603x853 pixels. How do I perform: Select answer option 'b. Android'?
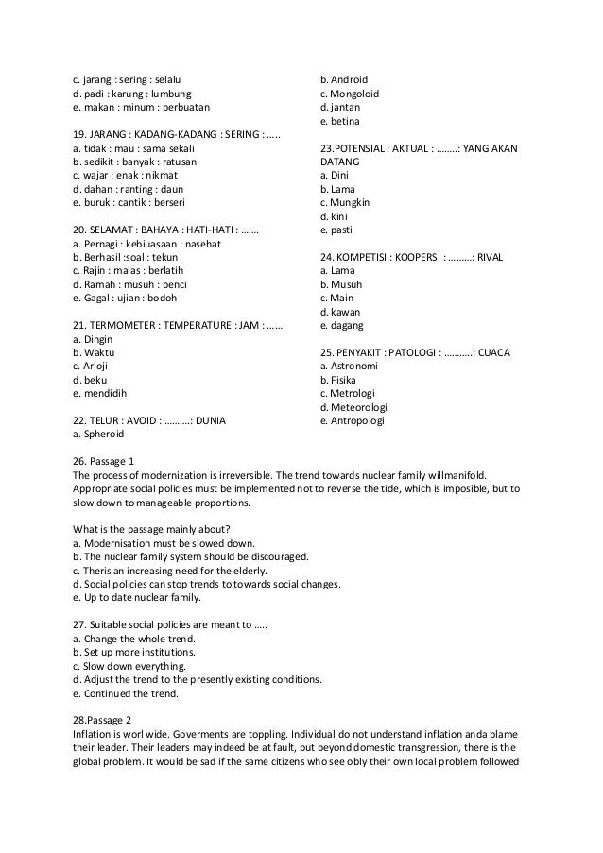[x=344, y=80]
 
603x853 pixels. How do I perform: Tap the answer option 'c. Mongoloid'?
[x=350, y=94]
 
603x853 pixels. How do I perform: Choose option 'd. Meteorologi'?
[x=355, y=407]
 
